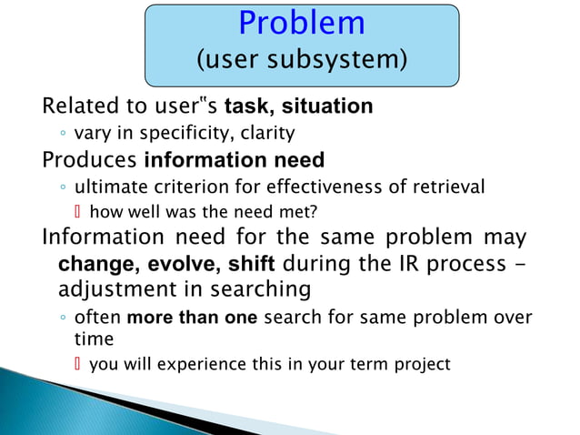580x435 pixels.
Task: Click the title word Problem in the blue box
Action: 302,25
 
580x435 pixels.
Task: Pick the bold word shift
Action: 245,265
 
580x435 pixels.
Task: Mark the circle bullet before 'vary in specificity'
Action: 62,135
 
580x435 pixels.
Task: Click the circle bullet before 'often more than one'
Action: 62,319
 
